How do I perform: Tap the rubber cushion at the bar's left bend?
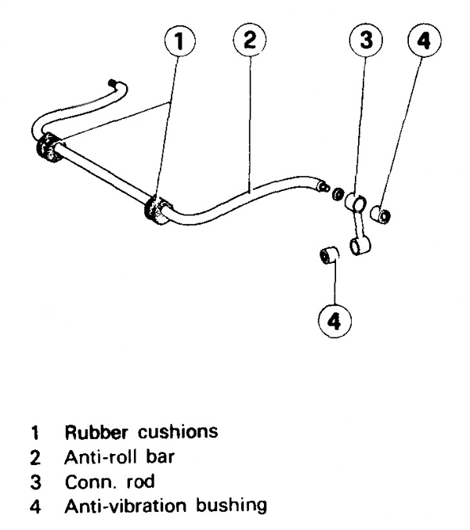pyautogui.click(x=49, y=150)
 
